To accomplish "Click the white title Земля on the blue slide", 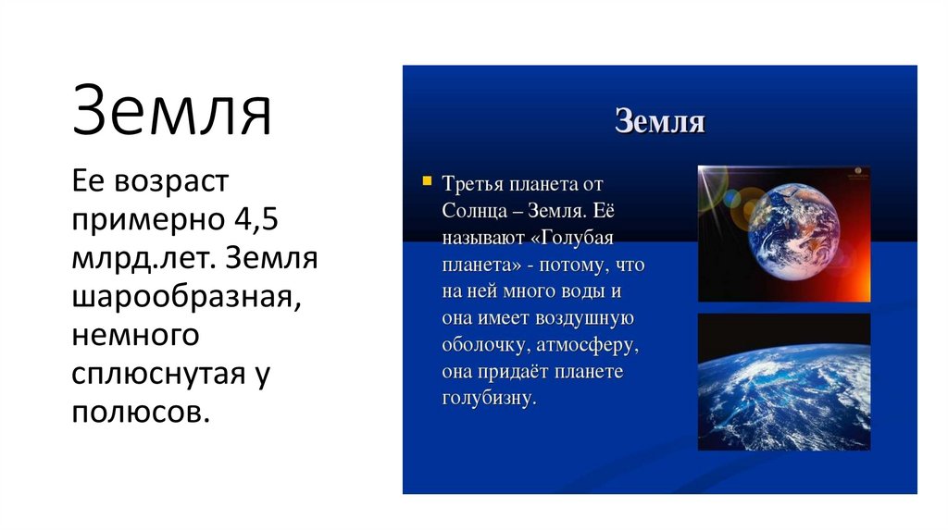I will (659, 122).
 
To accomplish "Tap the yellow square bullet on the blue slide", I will (427, 181).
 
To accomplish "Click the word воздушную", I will (585, 318).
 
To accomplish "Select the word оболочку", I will (480, 345).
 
